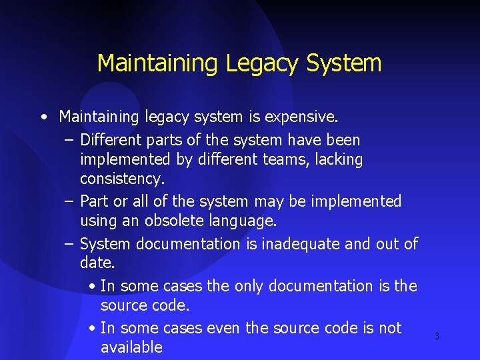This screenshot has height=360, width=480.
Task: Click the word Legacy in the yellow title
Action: tap(262, 64)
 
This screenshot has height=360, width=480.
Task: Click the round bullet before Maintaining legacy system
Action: tap(43, 118)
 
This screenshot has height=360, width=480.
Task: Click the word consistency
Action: tap(122, 179)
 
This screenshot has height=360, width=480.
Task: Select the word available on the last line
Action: tap(131, 347)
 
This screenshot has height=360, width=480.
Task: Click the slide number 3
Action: tap(437, 337)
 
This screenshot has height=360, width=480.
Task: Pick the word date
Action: tap(97, 263)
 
